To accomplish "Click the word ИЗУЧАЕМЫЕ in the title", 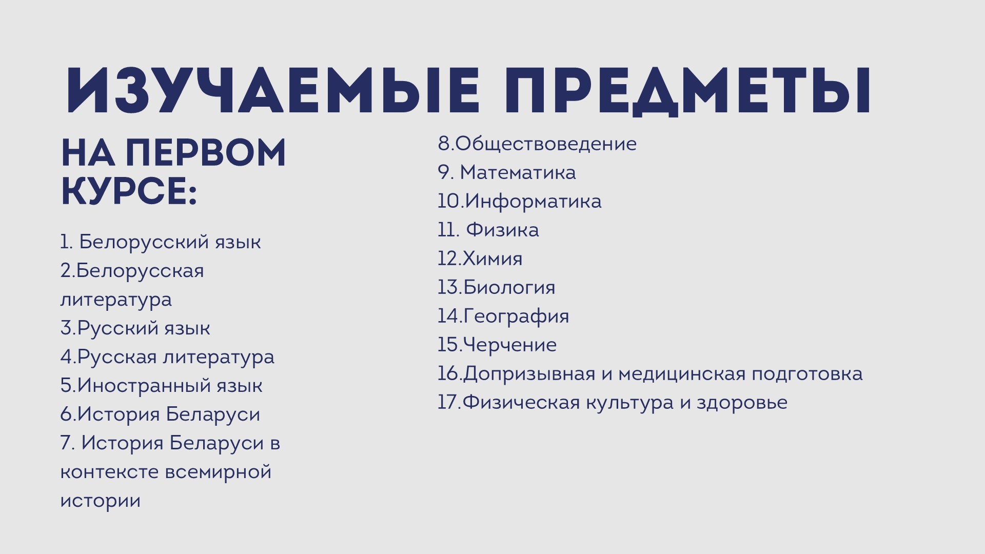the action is [x=273, y=90].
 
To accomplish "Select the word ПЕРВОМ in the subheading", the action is [x=206, y=153].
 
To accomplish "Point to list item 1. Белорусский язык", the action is [x=161, y=242].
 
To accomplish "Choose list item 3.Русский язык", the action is [x=135, y=328].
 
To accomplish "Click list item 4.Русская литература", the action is [x=167, y=357].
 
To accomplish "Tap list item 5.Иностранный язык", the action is [x=162, y=386].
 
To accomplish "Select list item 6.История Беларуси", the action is [x=160, y=414].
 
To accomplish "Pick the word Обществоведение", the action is [x=546, y=144].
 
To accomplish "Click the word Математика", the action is [x=518, y=172].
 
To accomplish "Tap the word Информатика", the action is [x=533, y=201].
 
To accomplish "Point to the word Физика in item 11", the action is [x=502, y=230].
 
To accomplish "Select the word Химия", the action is [x=493, y=259].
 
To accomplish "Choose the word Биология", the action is [x=509, y=287].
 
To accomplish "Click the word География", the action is [x=516, y=316].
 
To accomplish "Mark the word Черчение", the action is [x=509, y=345].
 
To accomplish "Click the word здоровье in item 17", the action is [x=742, y=403].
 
